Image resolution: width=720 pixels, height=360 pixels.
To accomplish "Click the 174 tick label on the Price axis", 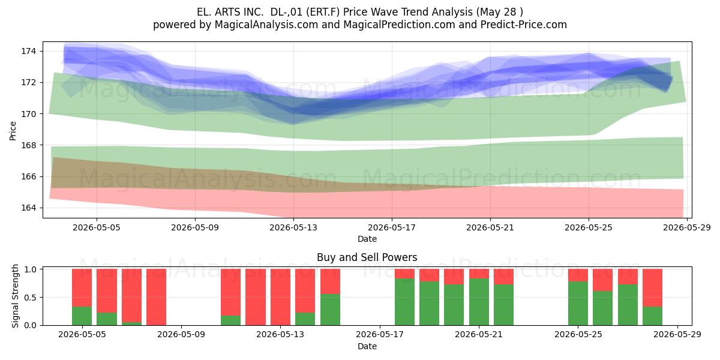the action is coord(28,51).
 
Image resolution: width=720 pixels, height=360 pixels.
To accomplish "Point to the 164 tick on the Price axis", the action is coord(28,208).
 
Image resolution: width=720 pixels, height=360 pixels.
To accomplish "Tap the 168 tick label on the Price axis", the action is coord(28,145).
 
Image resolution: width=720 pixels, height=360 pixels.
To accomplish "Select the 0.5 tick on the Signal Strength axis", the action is coord(30,297).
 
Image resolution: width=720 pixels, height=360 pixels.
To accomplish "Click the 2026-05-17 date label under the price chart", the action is coord(391,227).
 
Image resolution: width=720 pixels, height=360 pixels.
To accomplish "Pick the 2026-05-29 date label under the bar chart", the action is coord(677,334).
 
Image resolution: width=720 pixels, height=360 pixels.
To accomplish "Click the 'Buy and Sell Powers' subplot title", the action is coord(367,257).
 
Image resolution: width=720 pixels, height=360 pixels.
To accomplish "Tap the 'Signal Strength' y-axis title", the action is coord(15,296).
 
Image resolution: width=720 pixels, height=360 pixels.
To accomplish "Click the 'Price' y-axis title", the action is coord(13,131).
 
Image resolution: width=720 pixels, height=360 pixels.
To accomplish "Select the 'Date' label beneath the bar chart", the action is coord(367,346).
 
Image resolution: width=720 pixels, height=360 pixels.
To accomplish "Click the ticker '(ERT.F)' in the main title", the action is coord(323,12).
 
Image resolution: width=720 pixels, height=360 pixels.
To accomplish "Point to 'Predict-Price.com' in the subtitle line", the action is coord(524,25).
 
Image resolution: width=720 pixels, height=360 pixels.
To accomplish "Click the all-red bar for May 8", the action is coord(156,297).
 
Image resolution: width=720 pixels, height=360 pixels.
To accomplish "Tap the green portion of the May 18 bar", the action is coord(404,302).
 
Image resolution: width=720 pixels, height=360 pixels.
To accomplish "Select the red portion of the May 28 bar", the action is coord(653,287).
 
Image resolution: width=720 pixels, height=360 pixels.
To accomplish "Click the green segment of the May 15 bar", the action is coord(330,310).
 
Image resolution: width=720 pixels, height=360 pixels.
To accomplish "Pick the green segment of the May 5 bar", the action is coord(82,316).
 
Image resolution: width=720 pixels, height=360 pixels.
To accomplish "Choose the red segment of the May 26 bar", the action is coord(602,280).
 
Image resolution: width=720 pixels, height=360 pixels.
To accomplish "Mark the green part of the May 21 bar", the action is coord(479,302).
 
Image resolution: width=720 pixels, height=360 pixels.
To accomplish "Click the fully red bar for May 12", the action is coord(256,297).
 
